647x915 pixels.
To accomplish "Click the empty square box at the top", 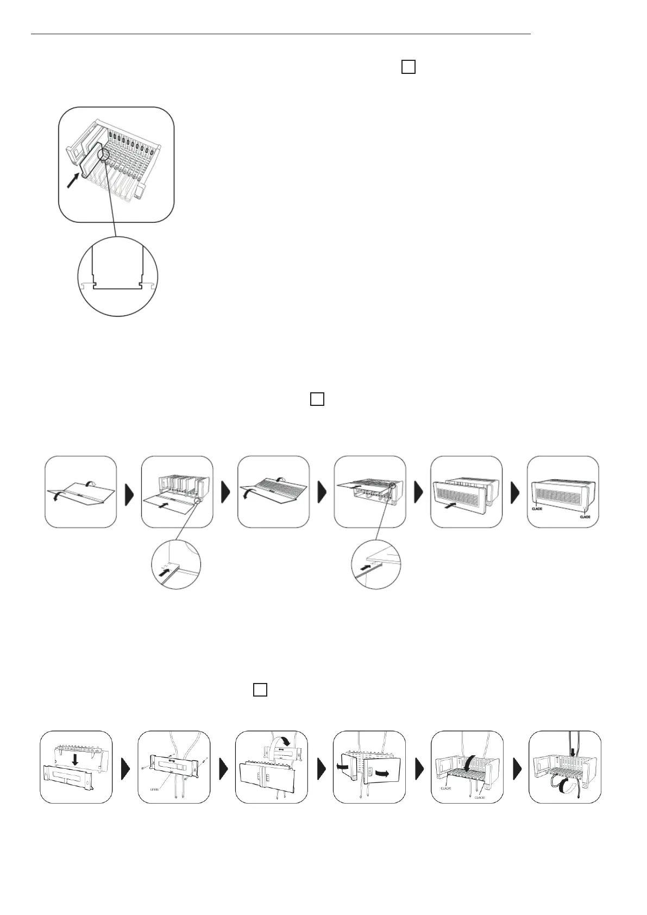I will [x=408, y=67].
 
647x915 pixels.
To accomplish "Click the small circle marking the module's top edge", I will [x=103, y=157].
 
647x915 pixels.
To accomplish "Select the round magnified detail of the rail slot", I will [x=118, y=276].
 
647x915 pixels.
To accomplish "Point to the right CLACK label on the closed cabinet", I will [x=585, y=517].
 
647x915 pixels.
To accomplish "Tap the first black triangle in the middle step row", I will [x=129, y=492].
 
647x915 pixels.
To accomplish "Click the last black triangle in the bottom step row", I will [x=516, y=767].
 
